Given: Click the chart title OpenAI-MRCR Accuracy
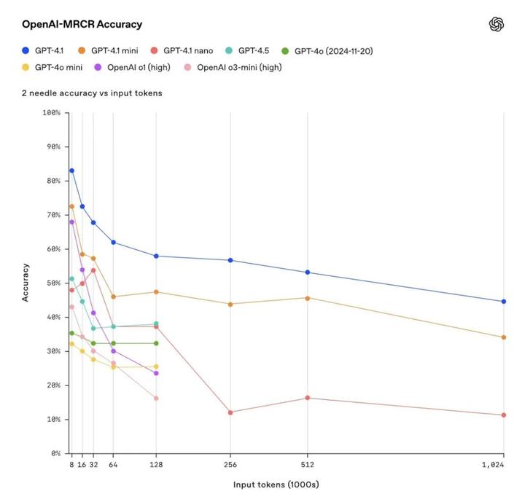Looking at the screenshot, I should click(82, 24).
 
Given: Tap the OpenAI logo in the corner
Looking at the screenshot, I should click(497, 24).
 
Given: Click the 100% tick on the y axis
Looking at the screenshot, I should click(50, 113).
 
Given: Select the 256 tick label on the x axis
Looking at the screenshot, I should click(230, 464).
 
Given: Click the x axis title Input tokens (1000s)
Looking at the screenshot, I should click(276, 485).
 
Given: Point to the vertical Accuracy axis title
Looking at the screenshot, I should click(26, 283).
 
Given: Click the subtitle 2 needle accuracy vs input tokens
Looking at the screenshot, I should click(92, 93).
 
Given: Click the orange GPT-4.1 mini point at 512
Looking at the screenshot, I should click(307, 298).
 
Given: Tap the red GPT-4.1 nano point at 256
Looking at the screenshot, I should click(230, 412).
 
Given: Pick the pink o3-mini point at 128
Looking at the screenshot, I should click(156, 398).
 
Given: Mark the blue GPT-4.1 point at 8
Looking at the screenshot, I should click(71, 170).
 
